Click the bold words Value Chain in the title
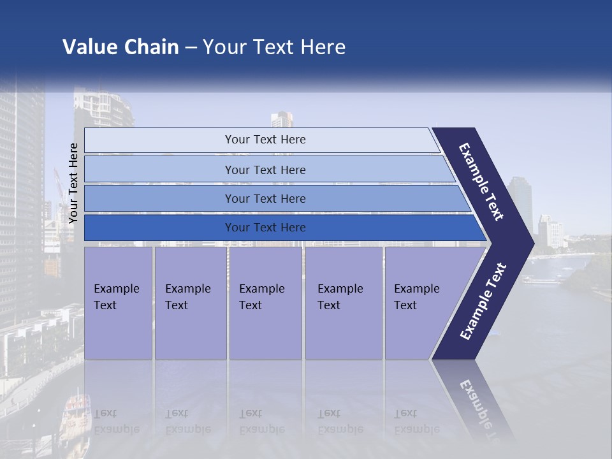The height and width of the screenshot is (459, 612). [x=120, y=47]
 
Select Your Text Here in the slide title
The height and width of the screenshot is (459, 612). [x=274, y=47]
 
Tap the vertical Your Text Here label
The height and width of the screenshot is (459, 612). [x=73, y=184]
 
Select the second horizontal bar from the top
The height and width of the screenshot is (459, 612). [x=265, y=170]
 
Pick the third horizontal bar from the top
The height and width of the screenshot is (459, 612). [x=265, y=199]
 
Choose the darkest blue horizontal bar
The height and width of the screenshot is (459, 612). [x=265, y=228]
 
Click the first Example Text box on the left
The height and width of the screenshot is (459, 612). [x=118, y=303]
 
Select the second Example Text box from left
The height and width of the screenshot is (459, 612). [x=190, y=303]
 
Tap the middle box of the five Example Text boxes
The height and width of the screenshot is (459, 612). [x=265, y=303]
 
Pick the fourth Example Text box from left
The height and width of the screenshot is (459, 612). [x=343, y=303]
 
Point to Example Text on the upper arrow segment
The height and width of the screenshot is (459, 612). [x=482, y=182]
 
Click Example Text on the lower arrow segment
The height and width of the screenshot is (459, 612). [x=483, y=301]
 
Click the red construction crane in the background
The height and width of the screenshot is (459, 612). [x=58, y=185]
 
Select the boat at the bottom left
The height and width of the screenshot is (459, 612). [x=75, y=408]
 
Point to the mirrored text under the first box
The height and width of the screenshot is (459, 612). [x=117, y=421]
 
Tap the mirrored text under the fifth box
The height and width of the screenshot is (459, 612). [x=417, y=421]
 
